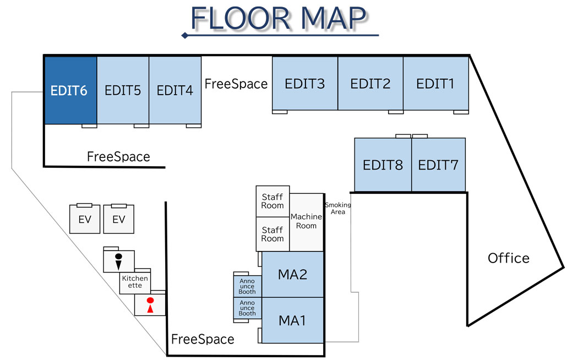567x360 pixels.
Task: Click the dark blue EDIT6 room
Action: click(x=70, y=90)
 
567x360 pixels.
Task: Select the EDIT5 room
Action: click(x=123, y=90)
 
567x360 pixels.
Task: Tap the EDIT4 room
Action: click(x=175, y=90)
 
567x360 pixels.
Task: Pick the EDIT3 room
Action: click(x=304, y=84)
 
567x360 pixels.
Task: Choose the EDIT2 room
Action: click(x=370, y=84)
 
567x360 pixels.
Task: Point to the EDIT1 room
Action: click(x=435, y=84)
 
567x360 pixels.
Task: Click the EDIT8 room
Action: click(x=383, y=165)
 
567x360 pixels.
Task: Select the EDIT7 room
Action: click(x=438, y=165)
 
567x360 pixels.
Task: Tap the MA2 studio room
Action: click(x=292, y=274)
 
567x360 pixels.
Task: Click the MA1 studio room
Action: click(x=292, y=320)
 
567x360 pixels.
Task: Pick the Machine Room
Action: click(x=306, y=221)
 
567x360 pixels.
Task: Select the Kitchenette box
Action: click(x=135, y=282)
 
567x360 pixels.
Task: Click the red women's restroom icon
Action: click(x=150, y=305)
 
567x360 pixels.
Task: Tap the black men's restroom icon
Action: click(x=118, y=261)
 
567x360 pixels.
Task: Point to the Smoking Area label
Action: click(x=337, y=208)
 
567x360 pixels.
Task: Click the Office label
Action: click(x=508, y=258)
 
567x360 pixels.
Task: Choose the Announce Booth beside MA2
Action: click(x=247, y=285)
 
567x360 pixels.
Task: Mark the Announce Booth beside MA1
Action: click(x=247, y=308)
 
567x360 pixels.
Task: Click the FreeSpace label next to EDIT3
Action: click(x=236, y=84)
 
